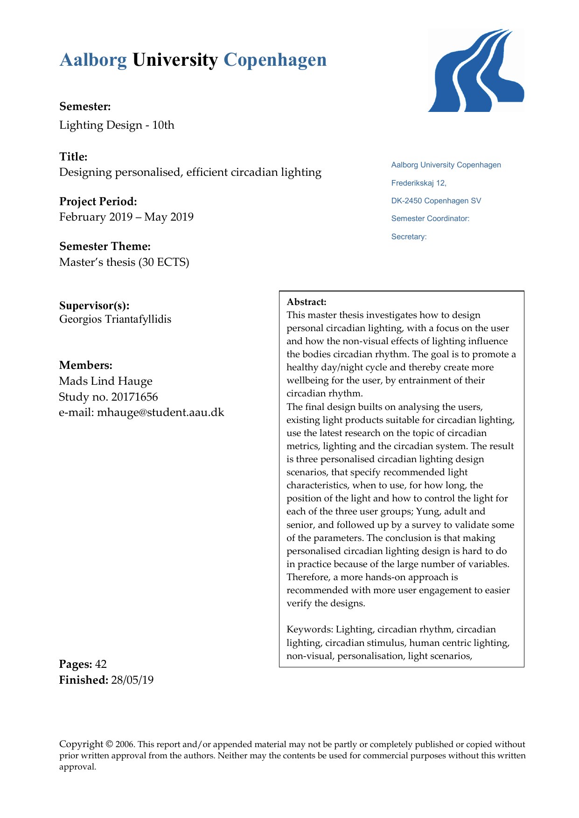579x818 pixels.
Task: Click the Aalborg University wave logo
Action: [x=475, y=70]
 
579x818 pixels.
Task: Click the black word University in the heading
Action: [x=175, y=60]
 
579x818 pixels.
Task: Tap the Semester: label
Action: [x=85, y=106]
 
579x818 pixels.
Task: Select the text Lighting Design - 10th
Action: [x=117, y=125]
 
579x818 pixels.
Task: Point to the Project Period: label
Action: [x=98, y=201]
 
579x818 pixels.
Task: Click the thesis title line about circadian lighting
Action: [x=190, y=173]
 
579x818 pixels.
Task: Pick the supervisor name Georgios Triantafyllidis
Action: [x=115, y=319]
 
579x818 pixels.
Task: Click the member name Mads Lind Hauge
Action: [x=106, y=381]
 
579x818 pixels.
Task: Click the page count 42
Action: [x=101, y=664]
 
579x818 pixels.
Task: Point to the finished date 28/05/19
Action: [x=133, y=680]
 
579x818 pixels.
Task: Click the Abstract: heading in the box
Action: [x=307, y=302]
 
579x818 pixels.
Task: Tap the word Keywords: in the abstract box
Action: [x=309, y=630]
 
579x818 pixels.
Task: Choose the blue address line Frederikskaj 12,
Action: [x=419, y=183]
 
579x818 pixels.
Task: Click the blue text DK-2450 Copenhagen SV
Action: [x=436, y=201]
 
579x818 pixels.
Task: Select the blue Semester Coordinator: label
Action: [x=430, y=219]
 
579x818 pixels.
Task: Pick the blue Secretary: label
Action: [x=409, y=237]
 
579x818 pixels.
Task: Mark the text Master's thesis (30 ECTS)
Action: [x=124, y=262]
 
